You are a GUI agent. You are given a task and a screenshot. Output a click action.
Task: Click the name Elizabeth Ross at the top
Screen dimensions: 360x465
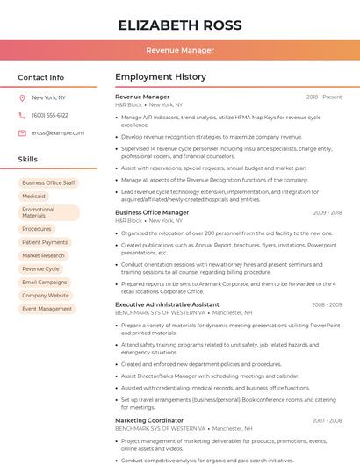[x=179, y=25]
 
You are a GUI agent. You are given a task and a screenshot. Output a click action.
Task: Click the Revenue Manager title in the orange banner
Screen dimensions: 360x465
[x=179, y=50]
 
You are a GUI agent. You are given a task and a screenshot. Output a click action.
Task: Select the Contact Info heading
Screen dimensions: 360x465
[x=41, y=77]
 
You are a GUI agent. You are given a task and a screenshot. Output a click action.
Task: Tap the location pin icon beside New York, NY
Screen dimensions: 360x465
[x=22, y=97]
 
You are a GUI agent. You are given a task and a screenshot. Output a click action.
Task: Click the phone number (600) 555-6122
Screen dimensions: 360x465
[x=49, y=115]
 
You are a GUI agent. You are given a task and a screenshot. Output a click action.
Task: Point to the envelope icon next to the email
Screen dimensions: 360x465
[x=22, y=132]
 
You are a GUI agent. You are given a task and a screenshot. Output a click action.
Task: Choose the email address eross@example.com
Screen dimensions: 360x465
[x=58, y=132]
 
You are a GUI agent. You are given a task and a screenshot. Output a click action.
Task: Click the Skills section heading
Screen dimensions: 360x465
[x=28, y=159]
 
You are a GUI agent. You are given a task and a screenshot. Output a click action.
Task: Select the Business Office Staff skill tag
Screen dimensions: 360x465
[x=48, y=182]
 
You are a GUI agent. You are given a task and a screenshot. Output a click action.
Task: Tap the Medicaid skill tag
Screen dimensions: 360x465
[x=33, y=196]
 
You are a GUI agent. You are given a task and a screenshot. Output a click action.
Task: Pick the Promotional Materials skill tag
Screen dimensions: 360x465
[x=47, y=212]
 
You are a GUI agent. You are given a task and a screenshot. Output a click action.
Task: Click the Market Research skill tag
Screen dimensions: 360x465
[x=43, y=255]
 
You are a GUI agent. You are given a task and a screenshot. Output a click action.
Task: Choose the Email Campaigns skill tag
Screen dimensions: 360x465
[x=44, y=282]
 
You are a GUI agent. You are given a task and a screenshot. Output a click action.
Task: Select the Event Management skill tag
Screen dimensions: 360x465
[x=47, y=308]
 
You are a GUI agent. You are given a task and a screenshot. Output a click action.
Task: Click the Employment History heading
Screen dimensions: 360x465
[x=161, y=76]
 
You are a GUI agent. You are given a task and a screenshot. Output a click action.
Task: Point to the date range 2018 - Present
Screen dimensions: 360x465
[x=324, y=97]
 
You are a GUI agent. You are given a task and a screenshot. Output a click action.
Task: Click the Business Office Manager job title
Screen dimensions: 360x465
[x=152, y=212]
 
